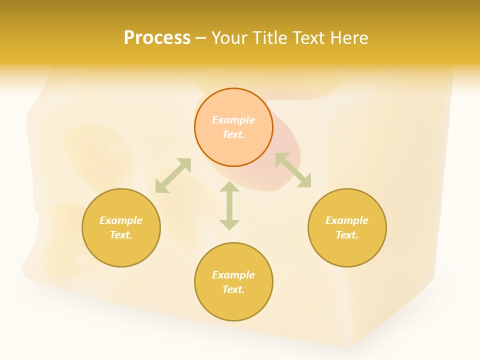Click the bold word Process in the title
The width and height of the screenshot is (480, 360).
tap(157, 37)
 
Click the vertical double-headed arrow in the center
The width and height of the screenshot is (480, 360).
tap(229, 206)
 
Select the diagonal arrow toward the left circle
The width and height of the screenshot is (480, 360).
tap(173, 175)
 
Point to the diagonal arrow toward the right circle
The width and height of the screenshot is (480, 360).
tap(293, 170)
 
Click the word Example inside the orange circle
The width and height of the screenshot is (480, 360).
tap(233, 120)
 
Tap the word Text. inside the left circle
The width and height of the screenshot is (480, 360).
tap(121, 235)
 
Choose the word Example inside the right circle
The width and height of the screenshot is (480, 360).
tap(347, 220)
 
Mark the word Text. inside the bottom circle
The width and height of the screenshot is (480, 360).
tap(233, 289)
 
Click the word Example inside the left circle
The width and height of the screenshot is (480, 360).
tap(121, 220)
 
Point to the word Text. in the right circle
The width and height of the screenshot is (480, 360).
tap(347, 235)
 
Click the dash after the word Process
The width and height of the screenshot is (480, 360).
tap(201, 38)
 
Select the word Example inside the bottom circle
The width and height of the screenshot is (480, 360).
tap(233, 275)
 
